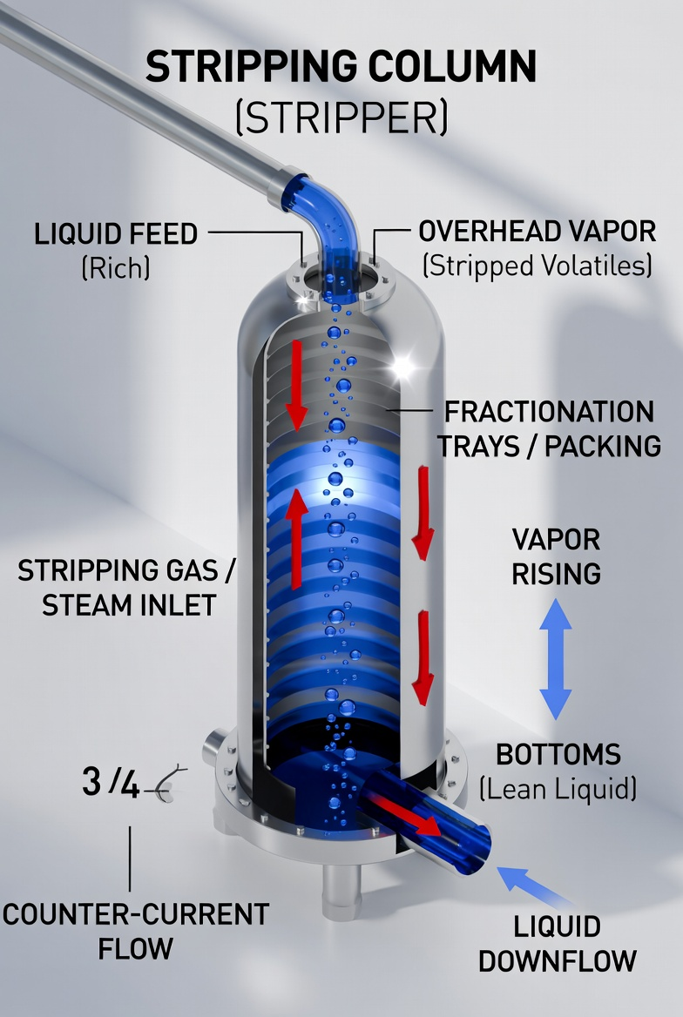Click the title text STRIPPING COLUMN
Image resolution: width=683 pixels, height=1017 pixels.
pos(341,66)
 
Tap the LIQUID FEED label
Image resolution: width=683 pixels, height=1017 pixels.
pos(116,233)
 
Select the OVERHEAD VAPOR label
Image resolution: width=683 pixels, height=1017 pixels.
pos(537,232)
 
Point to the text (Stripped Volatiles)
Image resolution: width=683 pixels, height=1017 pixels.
pos(537,266)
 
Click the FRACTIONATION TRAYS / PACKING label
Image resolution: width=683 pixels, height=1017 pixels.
pos(549,428)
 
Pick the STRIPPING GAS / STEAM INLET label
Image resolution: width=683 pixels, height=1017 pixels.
pos(126,588)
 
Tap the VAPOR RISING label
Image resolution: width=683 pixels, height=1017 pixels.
pos(556,556)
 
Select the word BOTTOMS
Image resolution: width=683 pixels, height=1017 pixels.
pos(558,754)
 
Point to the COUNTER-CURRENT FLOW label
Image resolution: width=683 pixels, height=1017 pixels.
pos(136,932)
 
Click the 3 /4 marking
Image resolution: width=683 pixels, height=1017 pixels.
pos(111,782)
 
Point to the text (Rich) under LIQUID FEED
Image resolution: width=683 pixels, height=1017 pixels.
pos(116,267)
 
